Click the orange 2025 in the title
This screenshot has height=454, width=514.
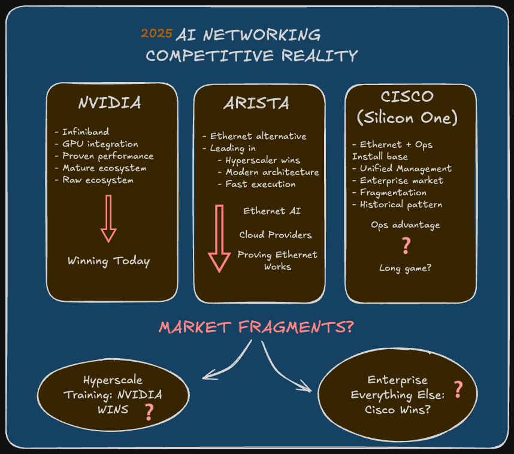coord(156,34)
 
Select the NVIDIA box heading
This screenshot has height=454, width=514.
coord(110,103)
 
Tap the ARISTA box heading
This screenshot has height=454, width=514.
coord(256,104)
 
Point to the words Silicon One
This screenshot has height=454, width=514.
coord(407,118)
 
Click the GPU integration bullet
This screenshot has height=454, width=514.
coord(99,144)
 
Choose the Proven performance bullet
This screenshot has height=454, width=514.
coord(107,156)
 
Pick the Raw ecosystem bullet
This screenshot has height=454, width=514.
coord(97,180)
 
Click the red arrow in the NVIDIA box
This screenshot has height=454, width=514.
coord(108,218)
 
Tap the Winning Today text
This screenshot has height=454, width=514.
coord(108,261)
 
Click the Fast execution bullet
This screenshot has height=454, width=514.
coord(260,184)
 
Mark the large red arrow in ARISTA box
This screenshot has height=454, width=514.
coord(219,238)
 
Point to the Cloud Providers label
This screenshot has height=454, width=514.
coord(275,235)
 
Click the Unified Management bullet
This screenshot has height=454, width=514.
coord(405,168)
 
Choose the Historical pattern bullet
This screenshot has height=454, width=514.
coord(400,204)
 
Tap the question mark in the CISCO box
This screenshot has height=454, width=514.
coord(406,246)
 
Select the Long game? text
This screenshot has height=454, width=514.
coord(405,268)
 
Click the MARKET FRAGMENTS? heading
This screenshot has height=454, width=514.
coord(256,328)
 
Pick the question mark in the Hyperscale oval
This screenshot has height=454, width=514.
coord(149,411)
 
